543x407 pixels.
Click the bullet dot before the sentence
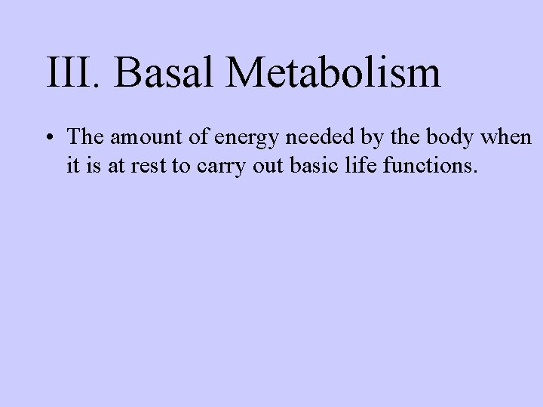pos(48,138)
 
